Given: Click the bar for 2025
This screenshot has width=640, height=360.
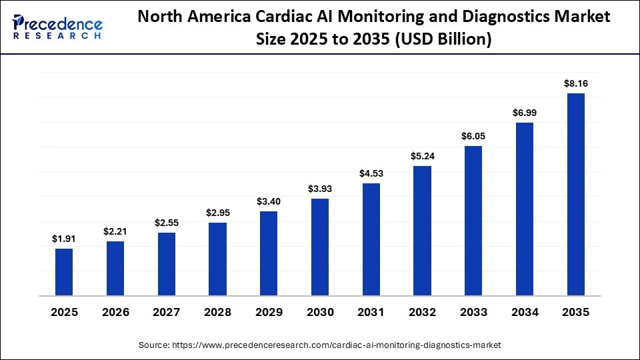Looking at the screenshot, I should point(64,272).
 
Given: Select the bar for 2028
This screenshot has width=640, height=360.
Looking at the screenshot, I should point(217,259).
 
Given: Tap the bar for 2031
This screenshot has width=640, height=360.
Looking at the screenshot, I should point(371,239).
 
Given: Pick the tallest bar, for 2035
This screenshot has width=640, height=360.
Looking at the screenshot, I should point(576,195).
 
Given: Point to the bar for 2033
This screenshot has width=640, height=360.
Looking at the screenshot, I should point(473,221).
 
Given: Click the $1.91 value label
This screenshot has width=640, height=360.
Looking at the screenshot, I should point(64,239).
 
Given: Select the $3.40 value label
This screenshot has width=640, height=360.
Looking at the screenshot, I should point(269,201).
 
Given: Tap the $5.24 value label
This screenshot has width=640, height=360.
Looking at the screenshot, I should point(422,156).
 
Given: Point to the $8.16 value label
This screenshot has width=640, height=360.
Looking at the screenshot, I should point(576,83).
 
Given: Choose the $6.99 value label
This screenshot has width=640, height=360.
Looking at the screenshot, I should point(525,113).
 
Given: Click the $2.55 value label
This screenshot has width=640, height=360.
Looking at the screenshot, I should point(167,223).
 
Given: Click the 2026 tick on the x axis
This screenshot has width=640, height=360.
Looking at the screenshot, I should point(115,312).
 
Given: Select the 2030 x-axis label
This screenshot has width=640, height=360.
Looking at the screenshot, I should point(320,312).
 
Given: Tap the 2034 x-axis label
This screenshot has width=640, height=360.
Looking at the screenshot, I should point(525,312).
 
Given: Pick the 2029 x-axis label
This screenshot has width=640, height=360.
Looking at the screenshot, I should point(269,312).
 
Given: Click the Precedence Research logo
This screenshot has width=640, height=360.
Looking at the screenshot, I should point(57,27).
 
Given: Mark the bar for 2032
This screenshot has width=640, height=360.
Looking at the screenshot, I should point(422,231).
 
